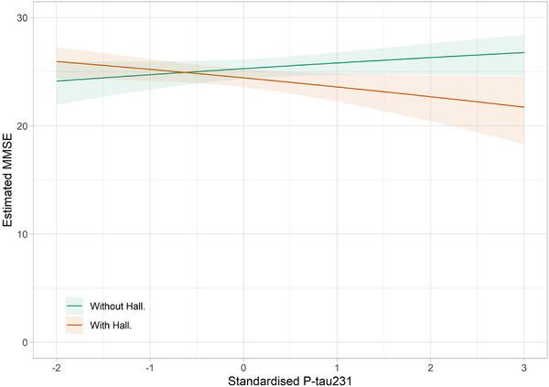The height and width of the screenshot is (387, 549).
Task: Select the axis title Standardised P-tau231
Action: (x=290, y=379)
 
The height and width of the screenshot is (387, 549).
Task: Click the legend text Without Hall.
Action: (x=117, y=306)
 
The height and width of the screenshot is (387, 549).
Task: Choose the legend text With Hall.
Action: (x=111, y=324)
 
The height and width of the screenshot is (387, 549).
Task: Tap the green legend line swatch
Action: (x=75, y=306)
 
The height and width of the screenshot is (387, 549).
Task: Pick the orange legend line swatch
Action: (x=75, y=324)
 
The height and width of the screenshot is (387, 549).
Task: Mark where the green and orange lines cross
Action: (x=187, y=72)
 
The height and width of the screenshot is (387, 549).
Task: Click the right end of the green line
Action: (x=524, y=52)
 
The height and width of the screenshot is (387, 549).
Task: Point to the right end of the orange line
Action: (x=524, y=107)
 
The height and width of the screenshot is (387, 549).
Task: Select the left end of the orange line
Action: (x=56, y=61)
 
